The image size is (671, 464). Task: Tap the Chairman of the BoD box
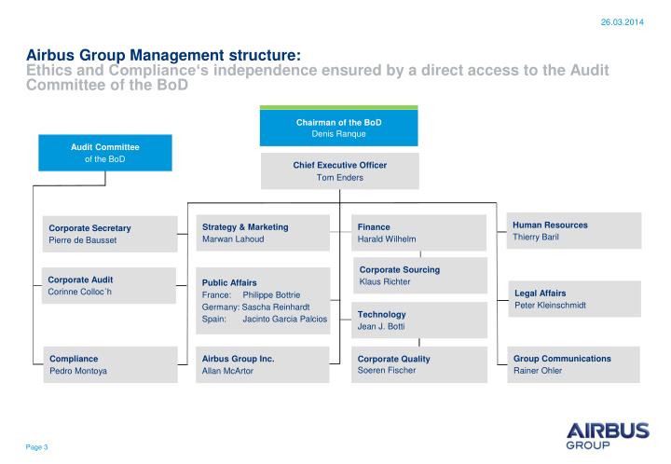point(338,128)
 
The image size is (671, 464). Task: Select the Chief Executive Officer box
point(339,171)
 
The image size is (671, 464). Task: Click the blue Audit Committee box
point(105,154)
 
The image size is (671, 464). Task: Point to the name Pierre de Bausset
point(83,240)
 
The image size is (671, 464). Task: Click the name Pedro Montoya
point(78,371)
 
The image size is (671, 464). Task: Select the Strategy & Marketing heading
point(245,226)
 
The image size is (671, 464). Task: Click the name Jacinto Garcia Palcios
point(285,319)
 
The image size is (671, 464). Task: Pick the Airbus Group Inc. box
point(265,364)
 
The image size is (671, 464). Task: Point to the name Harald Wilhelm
point(388,239)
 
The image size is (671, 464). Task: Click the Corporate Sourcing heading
point(400,269)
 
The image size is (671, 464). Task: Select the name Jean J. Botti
point(382,327)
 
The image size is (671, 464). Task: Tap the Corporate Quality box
point(420,364)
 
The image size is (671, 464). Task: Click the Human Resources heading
point(550,225)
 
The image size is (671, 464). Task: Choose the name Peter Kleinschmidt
point(550,306)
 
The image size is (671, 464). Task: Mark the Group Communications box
point(576,364)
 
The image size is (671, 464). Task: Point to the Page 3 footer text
point(36,448)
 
